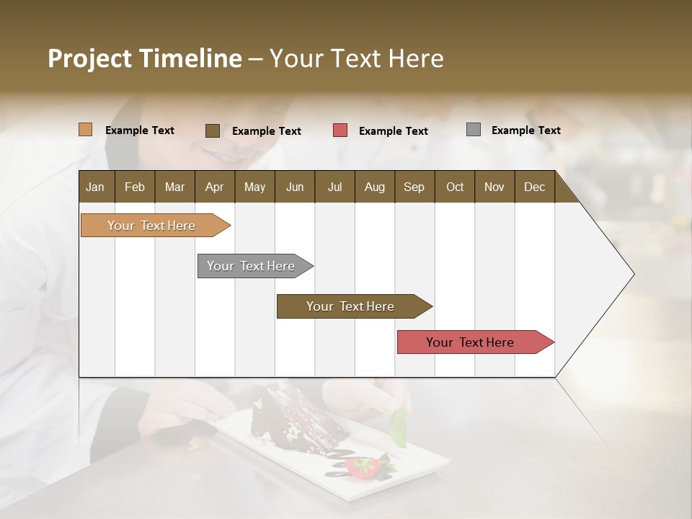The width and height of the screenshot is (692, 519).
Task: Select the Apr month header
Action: pos(215,187)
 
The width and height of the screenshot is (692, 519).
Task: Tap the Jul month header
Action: pos(334,187)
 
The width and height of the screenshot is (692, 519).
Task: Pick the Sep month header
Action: pos(414,187)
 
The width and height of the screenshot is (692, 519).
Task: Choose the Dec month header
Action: pos(534,187)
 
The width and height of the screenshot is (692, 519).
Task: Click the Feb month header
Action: pos(135,187)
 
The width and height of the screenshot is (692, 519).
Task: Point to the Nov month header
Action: pos(494,187)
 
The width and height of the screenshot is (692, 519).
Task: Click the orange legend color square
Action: pos(85,130)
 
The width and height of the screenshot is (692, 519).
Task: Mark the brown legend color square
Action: pos(212,130)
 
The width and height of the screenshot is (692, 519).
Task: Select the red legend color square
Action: pos(340,130)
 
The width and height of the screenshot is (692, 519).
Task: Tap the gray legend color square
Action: pos(473,130)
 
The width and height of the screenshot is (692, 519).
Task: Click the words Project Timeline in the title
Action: pos(145,58)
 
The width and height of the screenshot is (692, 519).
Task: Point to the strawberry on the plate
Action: pos(363,468)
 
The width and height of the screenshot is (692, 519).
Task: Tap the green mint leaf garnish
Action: pos(397,428)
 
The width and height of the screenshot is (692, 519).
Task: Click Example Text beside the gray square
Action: pos(525,130)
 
